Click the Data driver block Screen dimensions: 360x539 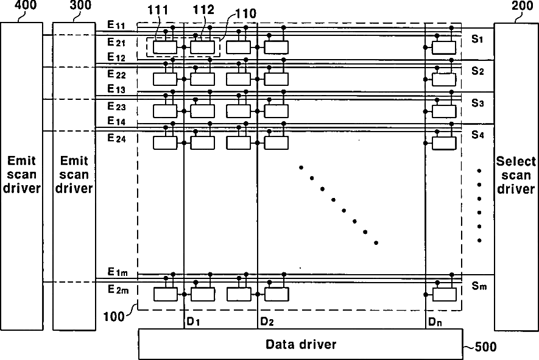click(301, 344)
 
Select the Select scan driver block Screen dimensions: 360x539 click(516, 174)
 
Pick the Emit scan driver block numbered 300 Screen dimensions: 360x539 click(74, 174)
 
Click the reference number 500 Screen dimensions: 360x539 click(486, 348)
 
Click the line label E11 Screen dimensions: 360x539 click(116, 26)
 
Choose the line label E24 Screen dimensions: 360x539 click(116, 138)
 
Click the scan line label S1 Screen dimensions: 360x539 click(477, 39)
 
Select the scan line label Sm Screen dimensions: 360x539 click(478, 286)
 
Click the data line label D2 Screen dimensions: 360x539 click(266, 321)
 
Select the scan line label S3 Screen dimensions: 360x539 click(477, 103)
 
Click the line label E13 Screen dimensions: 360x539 click(116, 89)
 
